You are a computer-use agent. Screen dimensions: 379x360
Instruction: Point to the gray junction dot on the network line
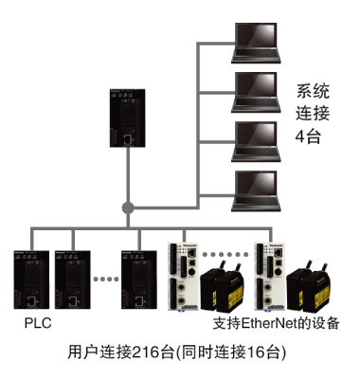pyautogui.click(x=127, y=206)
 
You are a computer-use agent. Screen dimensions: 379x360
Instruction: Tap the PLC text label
pyautogui.click(x=34, y=323)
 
